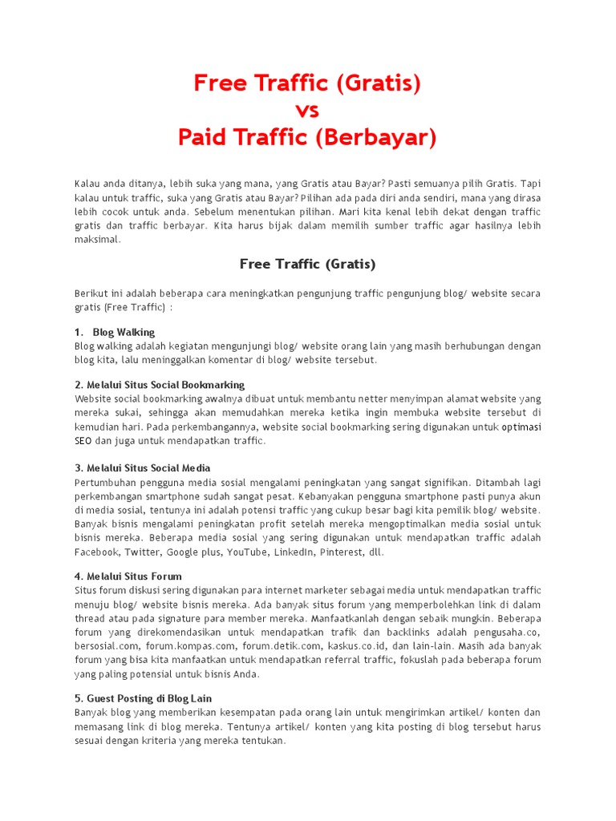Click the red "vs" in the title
click(307, 111)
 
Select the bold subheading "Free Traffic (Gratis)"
click(307, 264)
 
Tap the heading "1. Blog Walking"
click(115, 332)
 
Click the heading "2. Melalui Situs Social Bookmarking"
click(160, 385)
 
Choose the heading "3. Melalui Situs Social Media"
click(143, 467)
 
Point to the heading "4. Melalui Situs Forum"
click(128, 576)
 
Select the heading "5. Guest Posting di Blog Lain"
click(143, 698)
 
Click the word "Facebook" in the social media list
click(97, 552)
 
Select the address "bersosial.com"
click(107, 645)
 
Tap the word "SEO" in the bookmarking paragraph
click(83, 441)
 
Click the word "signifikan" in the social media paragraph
click(440, 483)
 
